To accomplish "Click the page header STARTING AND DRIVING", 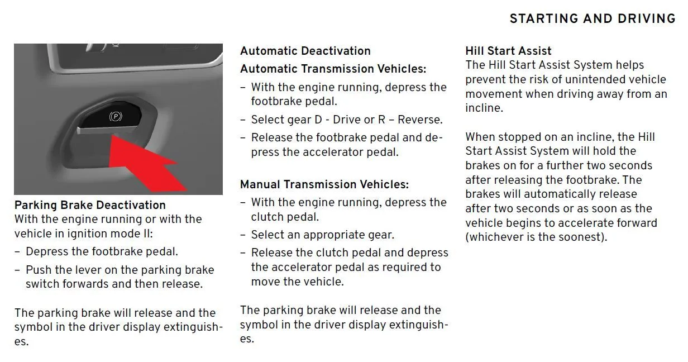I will [593, 18].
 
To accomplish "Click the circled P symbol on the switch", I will [116, 117].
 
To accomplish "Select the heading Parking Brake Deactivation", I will [90, 205].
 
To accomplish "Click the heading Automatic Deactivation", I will [305, 51].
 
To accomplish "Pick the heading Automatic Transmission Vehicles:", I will [333, 69].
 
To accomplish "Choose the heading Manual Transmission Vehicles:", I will [324, 184].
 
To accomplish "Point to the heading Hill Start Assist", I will [508, 51].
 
